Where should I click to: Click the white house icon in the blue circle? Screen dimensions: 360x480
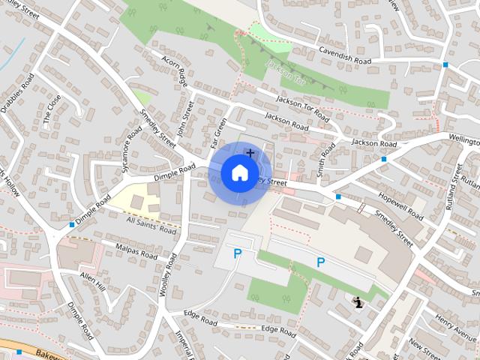(x=238, y=173)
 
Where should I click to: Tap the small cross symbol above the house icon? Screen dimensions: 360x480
(x=250, y=153)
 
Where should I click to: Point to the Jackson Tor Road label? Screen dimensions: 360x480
(x=302, y=109)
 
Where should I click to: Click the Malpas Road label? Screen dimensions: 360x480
(x=136, y=252)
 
